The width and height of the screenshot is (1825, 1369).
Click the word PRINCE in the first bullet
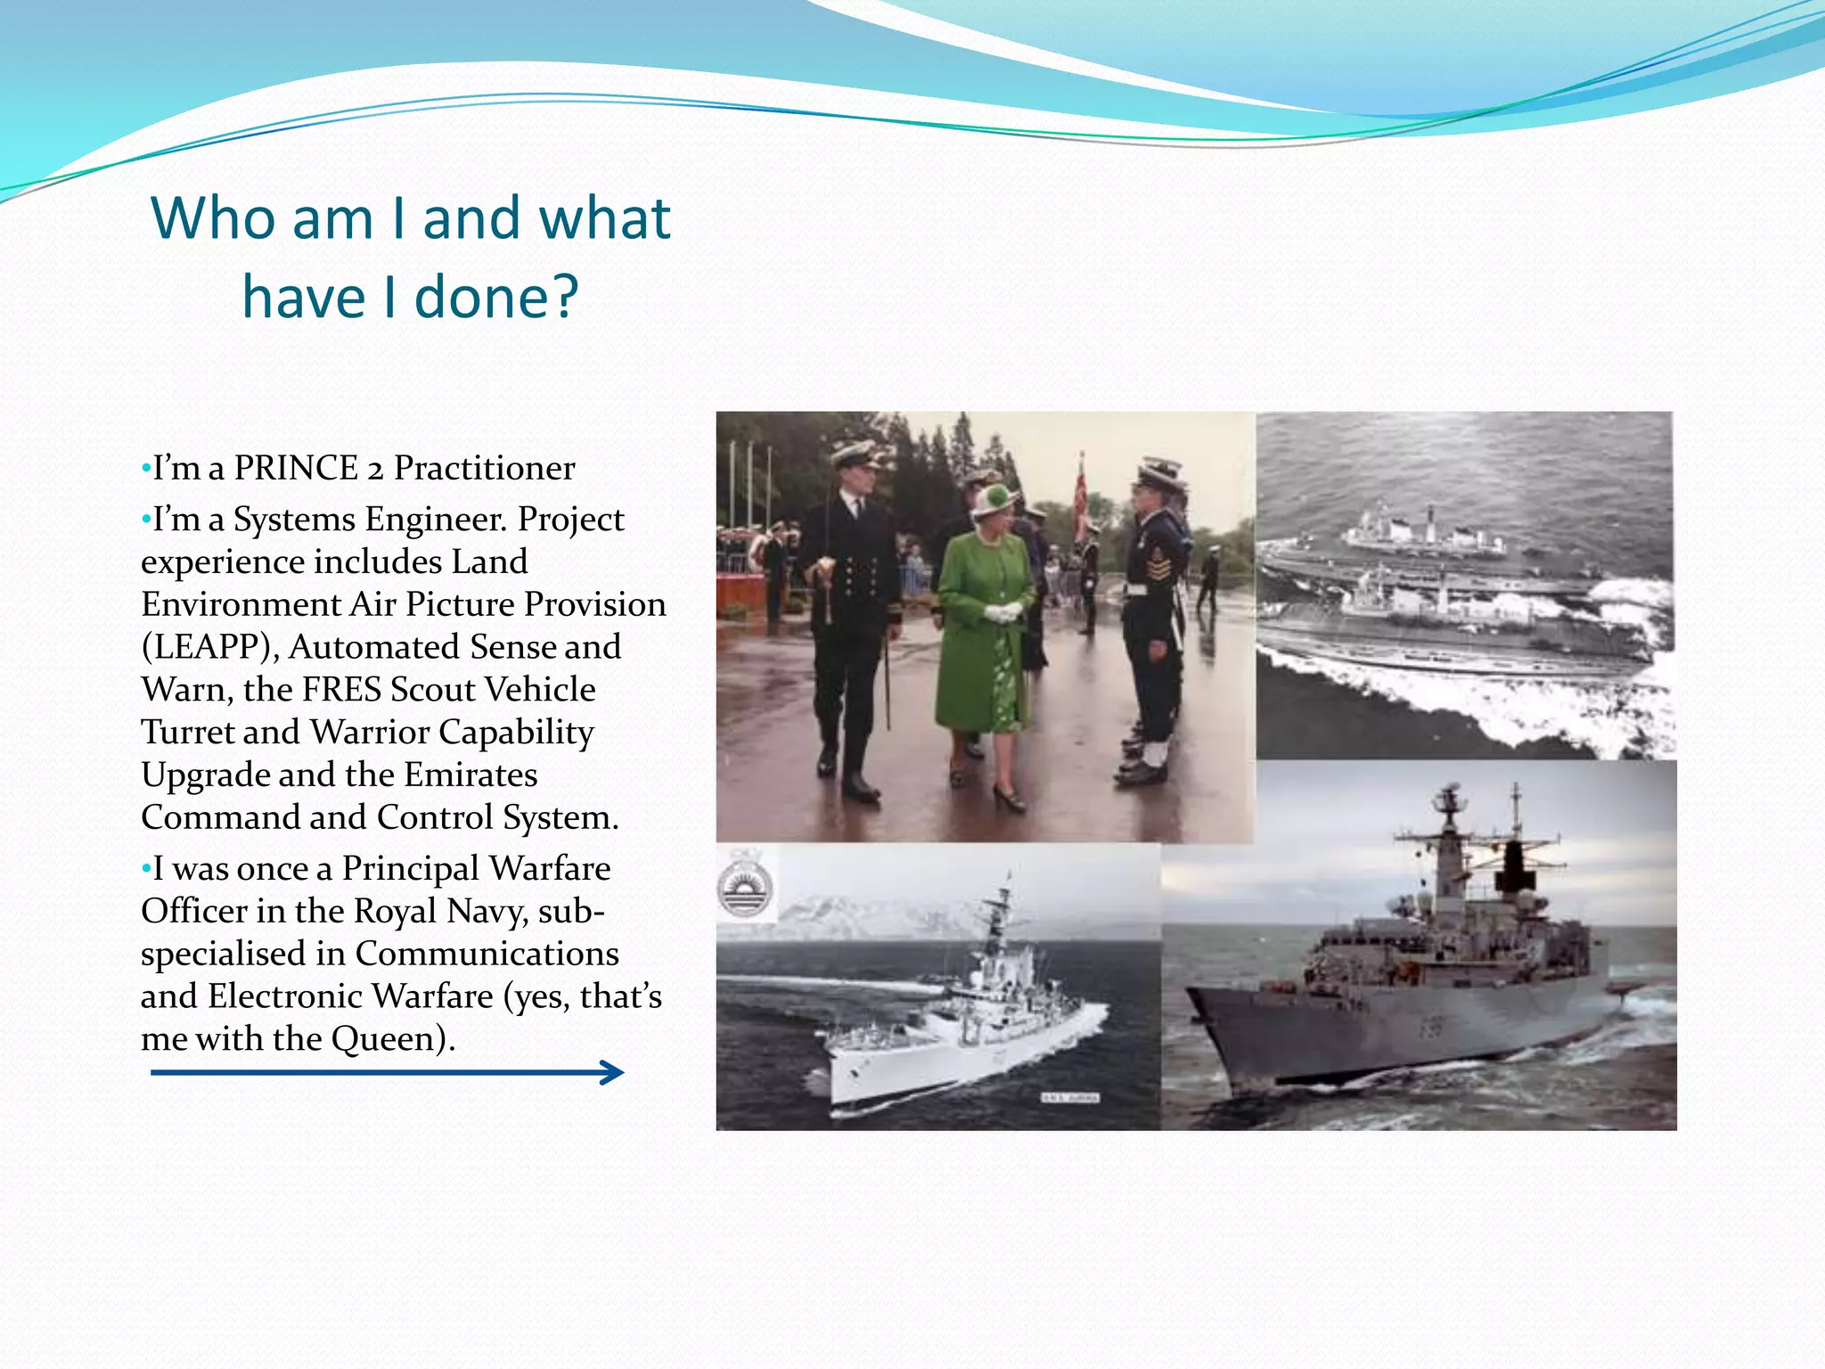click(295, 468)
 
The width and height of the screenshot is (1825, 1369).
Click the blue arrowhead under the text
click(612, 1072)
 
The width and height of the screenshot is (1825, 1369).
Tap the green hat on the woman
click(994, 499)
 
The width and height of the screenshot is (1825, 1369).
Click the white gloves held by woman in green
click(1003, 612)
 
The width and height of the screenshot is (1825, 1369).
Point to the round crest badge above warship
click(745, 892)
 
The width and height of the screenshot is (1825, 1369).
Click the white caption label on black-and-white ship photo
click(1071, 1098)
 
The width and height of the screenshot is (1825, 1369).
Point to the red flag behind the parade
click(1083, 495)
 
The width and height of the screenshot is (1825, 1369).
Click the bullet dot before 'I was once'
click(146, 868)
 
